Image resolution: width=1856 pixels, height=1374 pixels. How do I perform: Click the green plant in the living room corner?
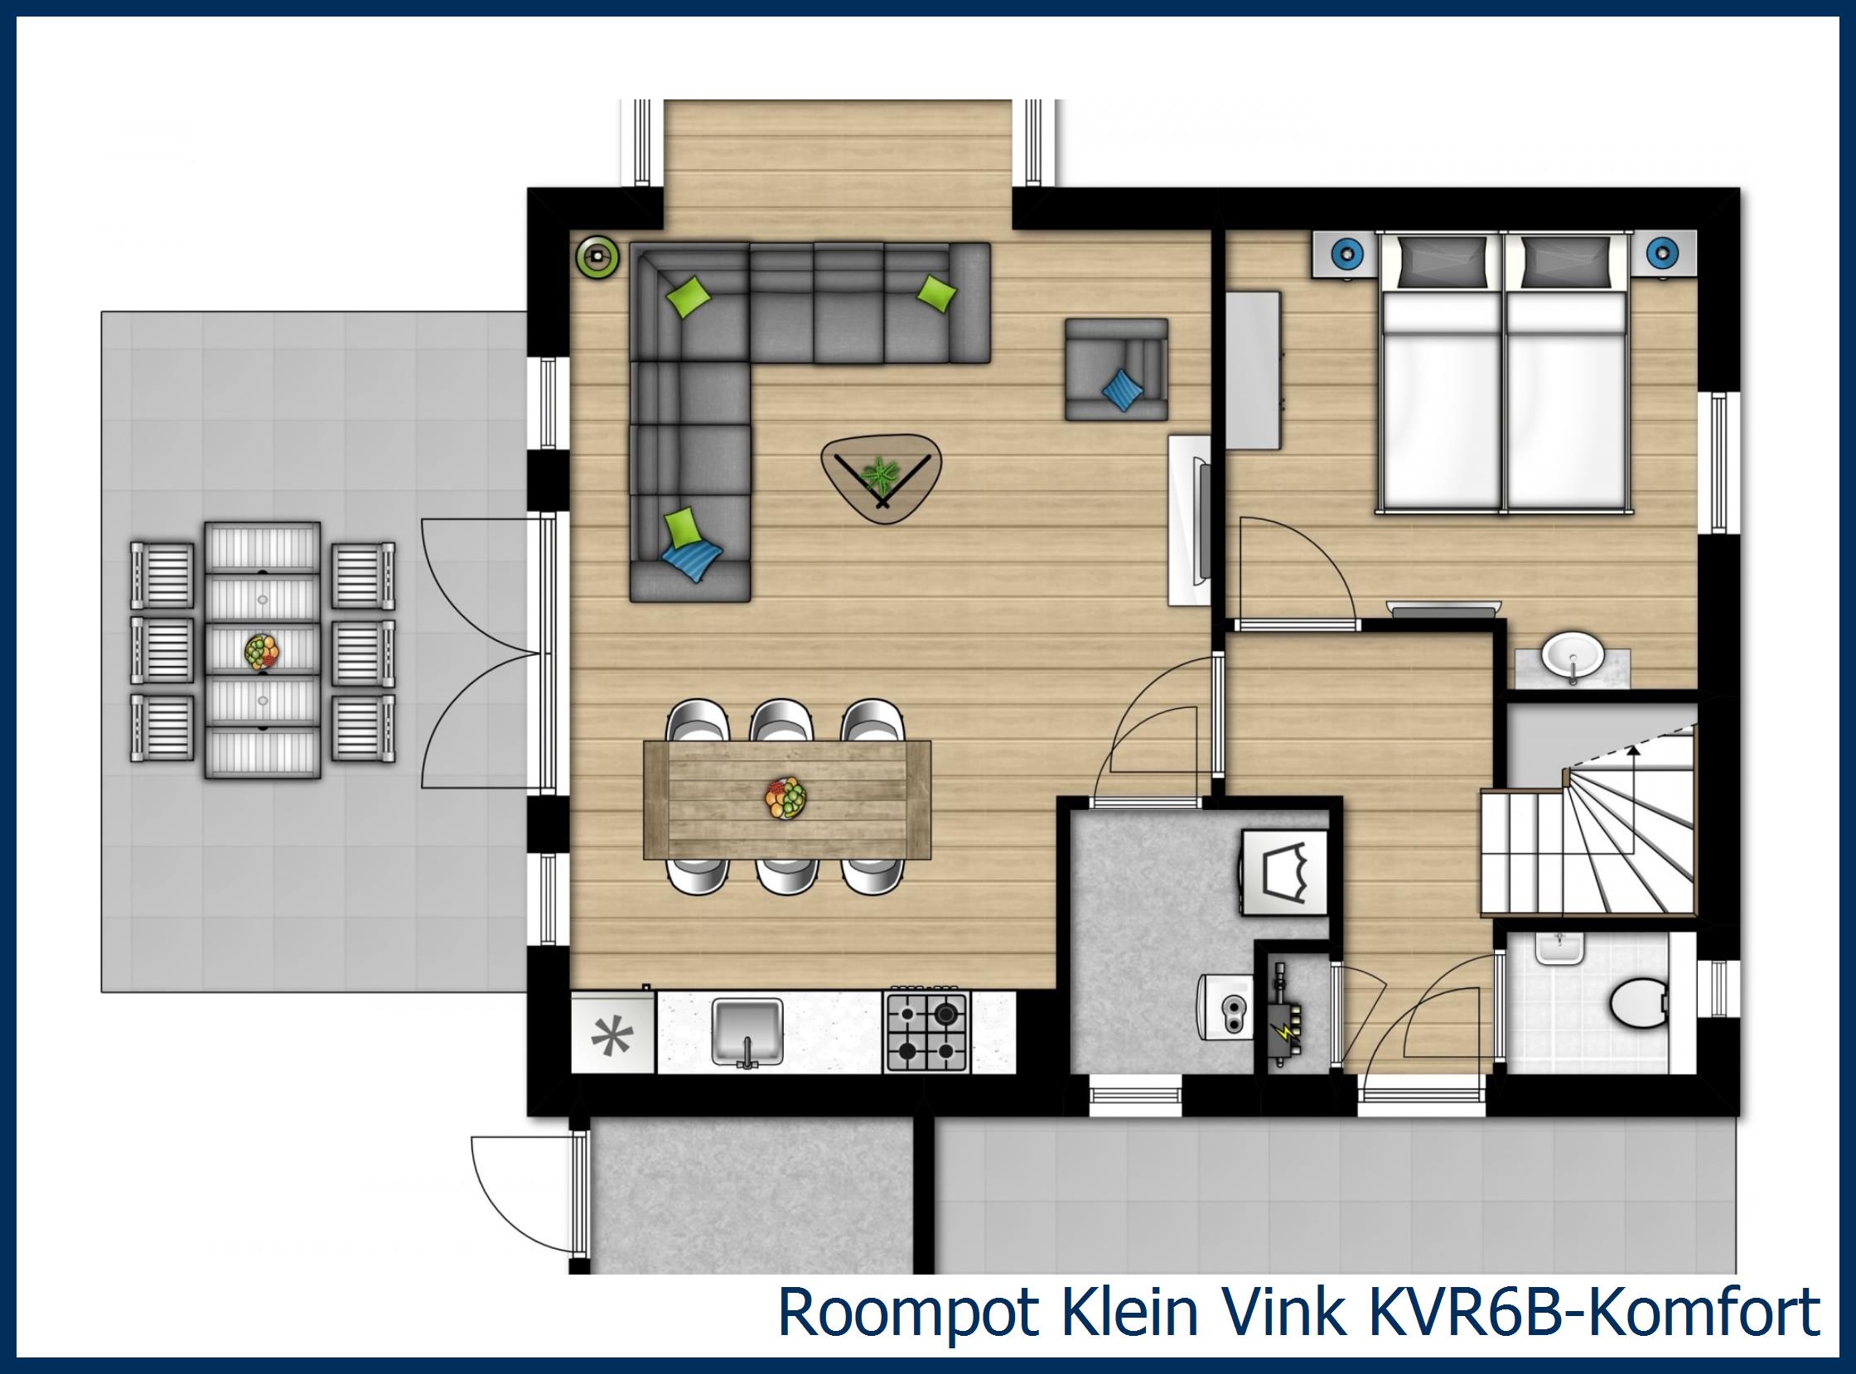pos(598,256)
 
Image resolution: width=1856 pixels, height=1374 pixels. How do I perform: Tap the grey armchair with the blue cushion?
pos(1116,369)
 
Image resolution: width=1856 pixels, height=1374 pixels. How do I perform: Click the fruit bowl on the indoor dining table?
pos(786,798)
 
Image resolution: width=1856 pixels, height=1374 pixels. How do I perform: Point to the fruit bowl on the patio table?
pos(263,651)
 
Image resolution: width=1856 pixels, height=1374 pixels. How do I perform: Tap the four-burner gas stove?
pos(927,1031)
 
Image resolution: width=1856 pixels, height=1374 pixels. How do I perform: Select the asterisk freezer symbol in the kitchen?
pos(612,1036)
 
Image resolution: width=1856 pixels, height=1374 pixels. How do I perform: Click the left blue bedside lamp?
pos(1343,252)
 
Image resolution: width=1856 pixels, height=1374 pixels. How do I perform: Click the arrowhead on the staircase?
pos(1634,750)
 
